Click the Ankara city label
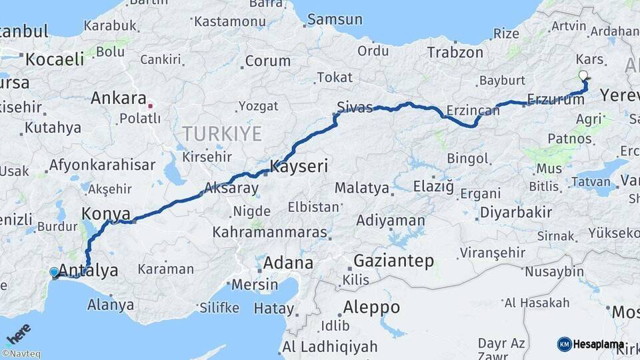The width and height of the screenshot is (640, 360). click(118, 99)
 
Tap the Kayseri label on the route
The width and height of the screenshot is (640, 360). click(299, 166)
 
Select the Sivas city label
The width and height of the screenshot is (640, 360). click(355, 107)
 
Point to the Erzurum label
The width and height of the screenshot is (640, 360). click(555, 99)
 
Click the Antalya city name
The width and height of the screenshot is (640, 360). click(88, 270)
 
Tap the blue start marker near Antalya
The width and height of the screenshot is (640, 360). click(54, 272)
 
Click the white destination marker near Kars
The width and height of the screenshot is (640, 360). click(583, 75)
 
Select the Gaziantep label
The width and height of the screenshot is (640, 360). click(393, 261)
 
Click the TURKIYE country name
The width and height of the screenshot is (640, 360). click(222, 133)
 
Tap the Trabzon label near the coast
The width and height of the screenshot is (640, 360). click(455, 52)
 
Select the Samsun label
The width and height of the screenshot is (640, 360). click(335, 19)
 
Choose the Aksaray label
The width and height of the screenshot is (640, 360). click(231, 188)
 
